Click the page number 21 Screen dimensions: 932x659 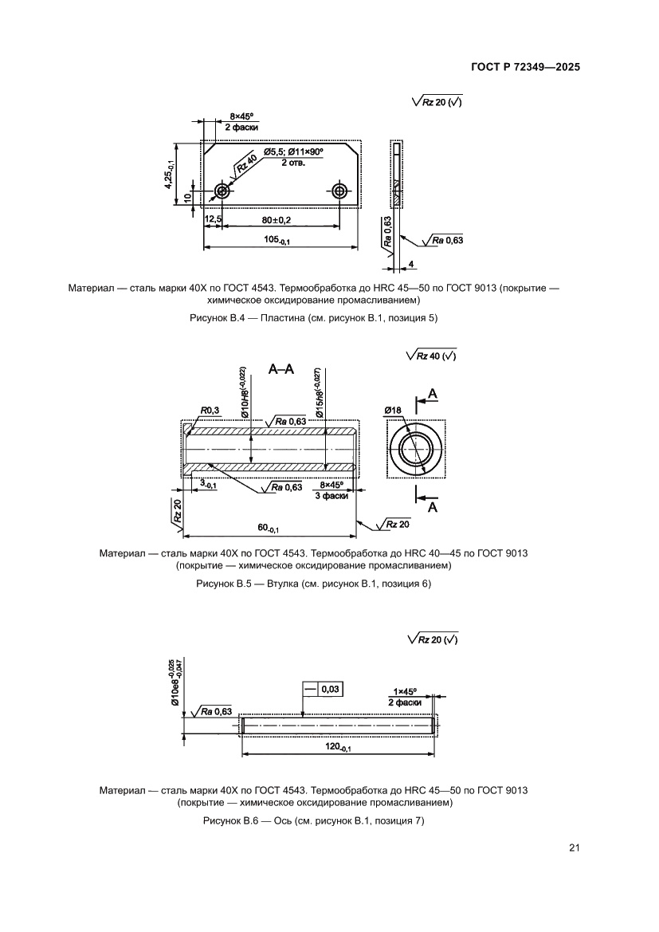click(x=574, y=847)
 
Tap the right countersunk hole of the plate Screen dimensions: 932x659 click(x=340, y=191)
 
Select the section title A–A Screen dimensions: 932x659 click(x=281, y=368)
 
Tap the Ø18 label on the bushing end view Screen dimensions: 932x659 click(x=392, y=410)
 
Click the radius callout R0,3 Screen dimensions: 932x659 click(x=210, y=410)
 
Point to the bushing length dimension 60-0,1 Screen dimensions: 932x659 click(x=267, y=528)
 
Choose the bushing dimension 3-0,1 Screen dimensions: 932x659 click(x=208, y=484)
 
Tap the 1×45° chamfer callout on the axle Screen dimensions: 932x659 click(x=405, y=691)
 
